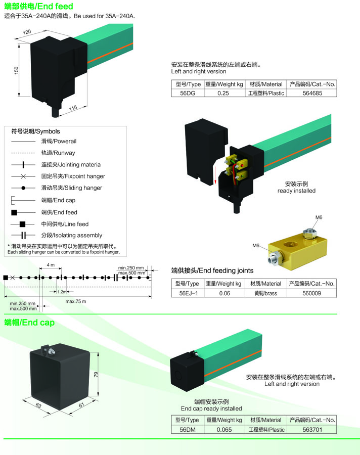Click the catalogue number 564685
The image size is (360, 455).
tap(312, 93)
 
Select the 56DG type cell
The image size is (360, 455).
tap(188, 93)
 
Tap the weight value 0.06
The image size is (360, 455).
tap(224, 293)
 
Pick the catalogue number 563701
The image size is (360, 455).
tap(312, 429)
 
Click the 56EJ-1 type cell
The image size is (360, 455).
tap(189, 293)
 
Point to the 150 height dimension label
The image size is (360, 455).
tap(16, 70)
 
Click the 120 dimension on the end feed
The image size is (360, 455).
tap(27, 32)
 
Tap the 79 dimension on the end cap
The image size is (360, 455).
tap(96, 375)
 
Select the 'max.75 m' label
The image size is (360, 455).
tap(76, 301)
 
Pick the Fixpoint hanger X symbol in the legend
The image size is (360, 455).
tap(24, 176)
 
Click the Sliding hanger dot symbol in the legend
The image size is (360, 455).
tap(24, 188)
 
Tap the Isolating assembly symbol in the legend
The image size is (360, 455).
tap(24, 235)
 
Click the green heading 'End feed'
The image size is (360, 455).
tap(56, 6)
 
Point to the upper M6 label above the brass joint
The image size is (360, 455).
tap(319, 217)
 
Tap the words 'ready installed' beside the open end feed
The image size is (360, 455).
tap(296, 191)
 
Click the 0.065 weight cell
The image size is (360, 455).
tap(224, 429)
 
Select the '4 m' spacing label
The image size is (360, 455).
tap(51, 265)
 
